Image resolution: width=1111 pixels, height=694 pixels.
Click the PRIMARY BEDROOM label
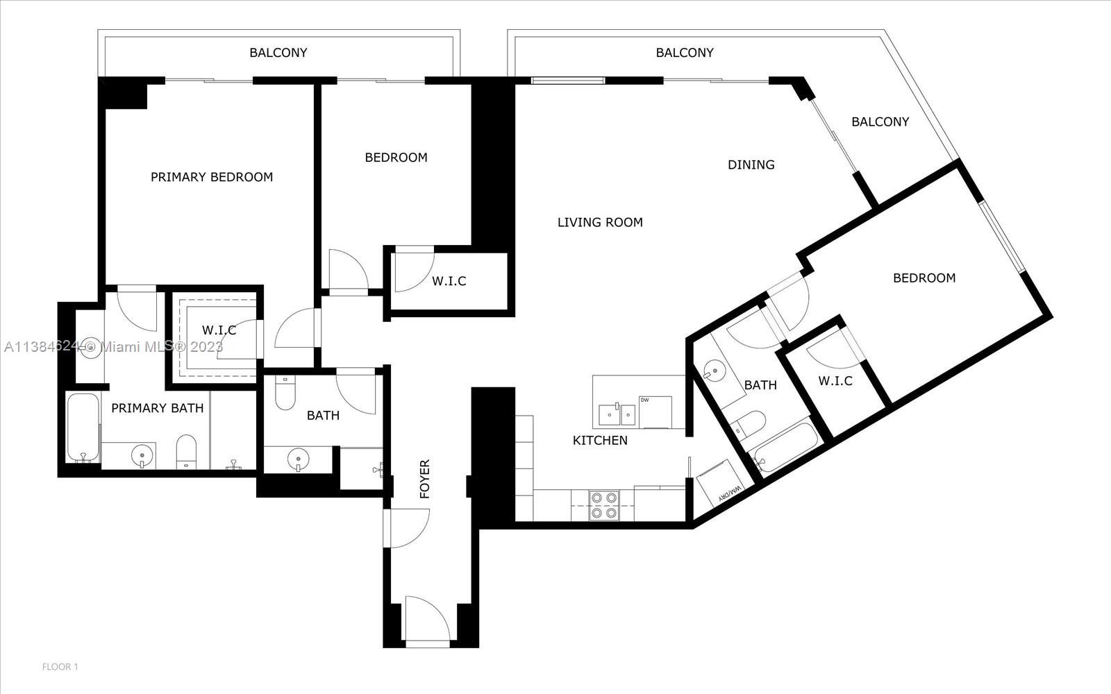(x=212, y=177)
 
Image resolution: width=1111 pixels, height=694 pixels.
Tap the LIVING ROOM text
(x=600, y=223)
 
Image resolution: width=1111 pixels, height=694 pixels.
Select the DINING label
(x=751, y=164)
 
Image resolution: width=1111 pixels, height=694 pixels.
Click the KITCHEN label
(x=600, y=440)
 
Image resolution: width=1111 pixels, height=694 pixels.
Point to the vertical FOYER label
(x=424, y=479)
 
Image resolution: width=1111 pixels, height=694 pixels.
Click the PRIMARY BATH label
(x=157, y=408)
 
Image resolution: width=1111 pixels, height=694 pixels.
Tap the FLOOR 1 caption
(x=60, y=667)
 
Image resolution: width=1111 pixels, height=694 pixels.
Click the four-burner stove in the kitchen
(x=604, y=505)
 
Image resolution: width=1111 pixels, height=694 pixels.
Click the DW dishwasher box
(x=655, y=412)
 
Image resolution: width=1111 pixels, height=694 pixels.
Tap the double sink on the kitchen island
(x=617, y=414)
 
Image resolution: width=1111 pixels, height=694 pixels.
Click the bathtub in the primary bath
(x=83, y=428)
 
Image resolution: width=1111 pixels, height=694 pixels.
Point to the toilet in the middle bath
(x=285, y=393)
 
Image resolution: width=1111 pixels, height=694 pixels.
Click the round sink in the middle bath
(x=299, y=459)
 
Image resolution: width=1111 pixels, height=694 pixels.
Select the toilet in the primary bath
(x=187, y=452)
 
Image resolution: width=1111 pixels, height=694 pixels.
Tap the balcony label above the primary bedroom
(x=278, y=53)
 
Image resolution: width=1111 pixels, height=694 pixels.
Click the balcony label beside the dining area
(x=880, y=122)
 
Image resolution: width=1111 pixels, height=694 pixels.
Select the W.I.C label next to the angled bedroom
(x=835, y=381)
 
